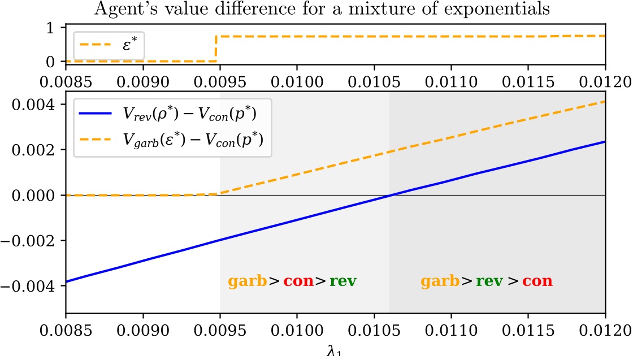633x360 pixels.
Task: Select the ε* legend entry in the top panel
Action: click(108, 45)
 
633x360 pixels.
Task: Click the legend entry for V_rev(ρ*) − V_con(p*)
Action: click(167, 114)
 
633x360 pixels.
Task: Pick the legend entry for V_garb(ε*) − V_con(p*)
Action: click(171, 140)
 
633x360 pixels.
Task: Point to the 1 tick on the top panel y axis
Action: click(51, 28)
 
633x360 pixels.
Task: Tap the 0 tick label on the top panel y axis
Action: click(51, 62)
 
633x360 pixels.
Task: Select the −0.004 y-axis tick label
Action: click(28, 286)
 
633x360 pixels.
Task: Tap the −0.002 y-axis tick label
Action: click(28, 241)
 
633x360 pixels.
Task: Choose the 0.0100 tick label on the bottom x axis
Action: click(297, 331)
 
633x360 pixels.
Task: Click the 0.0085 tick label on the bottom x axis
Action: click(66, 331)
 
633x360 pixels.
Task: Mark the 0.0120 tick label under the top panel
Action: click(605, 82)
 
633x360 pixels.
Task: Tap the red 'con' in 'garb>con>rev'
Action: click(299, 280)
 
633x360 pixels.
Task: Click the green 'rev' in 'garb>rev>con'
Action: click(489, 280)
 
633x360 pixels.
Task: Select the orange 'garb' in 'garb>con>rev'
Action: click(247, 281)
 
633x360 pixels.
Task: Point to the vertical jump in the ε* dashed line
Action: click(216, 49)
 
